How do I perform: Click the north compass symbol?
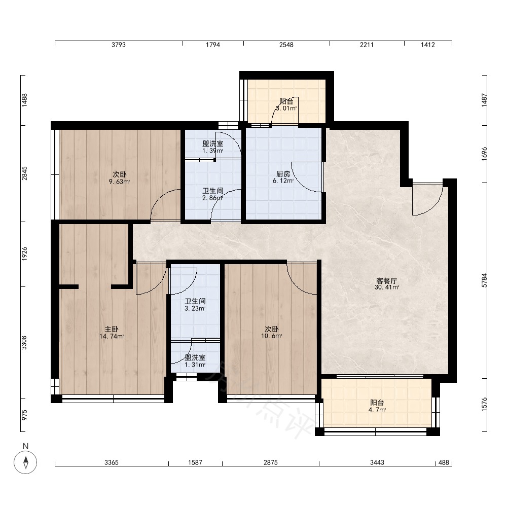(25, 462)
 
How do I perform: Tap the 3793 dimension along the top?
(119, 45)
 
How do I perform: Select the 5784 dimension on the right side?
(484, 280)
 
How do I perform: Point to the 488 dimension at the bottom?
(444, 463)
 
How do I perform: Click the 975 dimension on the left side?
(24, 415)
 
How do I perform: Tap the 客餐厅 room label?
(386, 281)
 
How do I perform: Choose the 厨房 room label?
(283, 174)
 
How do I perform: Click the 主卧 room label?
(112, 330)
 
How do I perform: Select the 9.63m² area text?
(119, 182)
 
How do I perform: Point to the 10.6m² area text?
(272, 336)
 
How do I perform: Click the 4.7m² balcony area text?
(377, 410)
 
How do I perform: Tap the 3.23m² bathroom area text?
(195, 308)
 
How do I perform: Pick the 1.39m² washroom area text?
(213, 151)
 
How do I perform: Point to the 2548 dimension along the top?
(286, 45)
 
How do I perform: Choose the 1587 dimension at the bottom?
(195, 463)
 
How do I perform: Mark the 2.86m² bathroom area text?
(213, 198)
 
